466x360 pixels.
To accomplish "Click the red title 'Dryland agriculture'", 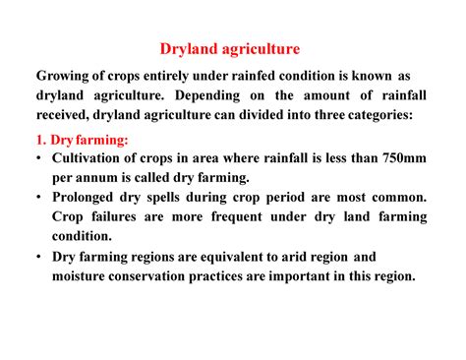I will click(231, 47).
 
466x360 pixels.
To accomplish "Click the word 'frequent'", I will click(218, 216).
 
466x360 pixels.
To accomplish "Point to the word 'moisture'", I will click(83, 276).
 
